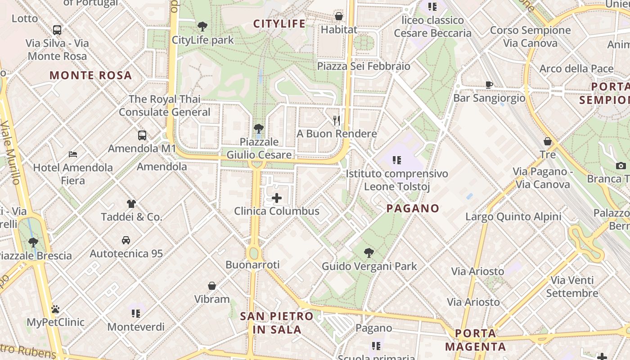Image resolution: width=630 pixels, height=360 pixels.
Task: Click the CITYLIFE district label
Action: [279, 24]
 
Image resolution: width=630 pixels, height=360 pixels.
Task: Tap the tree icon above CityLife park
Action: [202, 27]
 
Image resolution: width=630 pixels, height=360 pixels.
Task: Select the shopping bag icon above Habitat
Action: [339, 17]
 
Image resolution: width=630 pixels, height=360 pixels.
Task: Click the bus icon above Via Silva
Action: [57, 30]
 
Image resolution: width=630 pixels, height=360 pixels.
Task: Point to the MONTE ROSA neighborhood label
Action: [90, 75]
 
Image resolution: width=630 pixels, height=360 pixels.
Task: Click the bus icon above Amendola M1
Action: [142, 135]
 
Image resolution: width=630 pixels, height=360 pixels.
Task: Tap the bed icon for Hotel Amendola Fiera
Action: [73, 154]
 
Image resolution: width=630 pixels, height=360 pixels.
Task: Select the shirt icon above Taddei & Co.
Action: [131, 204]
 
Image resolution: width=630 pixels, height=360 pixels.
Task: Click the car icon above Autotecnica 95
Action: [126, 240]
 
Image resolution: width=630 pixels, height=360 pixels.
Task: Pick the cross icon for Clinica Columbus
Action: [277, 198]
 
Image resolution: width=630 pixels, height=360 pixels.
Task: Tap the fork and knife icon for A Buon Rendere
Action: [336, 120]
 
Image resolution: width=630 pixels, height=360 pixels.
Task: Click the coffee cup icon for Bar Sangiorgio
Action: [489, 85]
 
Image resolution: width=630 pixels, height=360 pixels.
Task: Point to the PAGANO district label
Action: [413, 208]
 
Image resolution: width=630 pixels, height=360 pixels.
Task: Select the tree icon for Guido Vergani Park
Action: [369, 252]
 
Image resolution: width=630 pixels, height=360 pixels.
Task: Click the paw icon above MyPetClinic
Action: [55, 309]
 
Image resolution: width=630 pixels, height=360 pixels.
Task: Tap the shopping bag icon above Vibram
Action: [212, 286]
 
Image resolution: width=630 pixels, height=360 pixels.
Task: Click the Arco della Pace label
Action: [576, 69]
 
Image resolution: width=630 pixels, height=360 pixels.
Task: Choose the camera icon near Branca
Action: [621, 166]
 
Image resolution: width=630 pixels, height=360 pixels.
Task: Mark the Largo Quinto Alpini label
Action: [513, 216]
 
